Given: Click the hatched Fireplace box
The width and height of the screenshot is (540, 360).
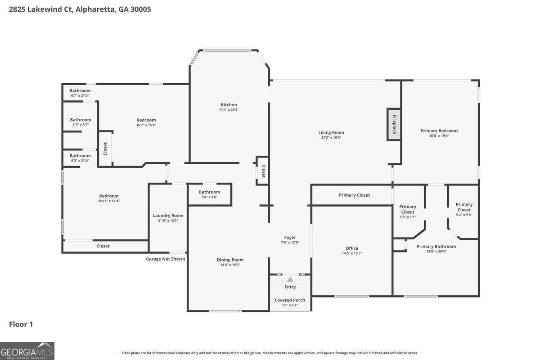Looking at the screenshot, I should point(394,124).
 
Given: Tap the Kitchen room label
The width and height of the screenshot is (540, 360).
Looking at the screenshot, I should point(229,105).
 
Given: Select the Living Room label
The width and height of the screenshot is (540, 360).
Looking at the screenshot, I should point(331,133).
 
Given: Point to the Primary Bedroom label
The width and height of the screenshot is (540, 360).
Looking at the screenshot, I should point(439,131).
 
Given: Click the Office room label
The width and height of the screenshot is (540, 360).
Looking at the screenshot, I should point(352,248).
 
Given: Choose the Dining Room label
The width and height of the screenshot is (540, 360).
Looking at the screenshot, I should point(230,260).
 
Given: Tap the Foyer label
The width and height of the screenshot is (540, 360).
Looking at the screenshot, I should point(290,238).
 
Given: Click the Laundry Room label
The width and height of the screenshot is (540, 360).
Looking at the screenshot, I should point(168,216).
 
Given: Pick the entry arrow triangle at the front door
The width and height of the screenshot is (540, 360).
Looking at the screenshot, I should point(290,279).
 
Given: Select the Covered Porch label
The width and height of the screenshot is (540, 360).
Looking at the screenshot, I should point(290,300).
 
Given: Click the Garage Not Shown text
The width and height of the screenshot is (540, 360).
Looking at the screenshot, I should point(166,259).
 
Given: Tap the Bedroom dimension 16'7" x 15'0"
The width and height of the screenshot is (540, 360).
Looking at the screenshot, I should point(146,125).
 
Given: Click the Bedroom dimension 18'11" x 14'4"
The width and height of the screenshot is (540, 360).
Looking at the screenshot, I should point(109,201).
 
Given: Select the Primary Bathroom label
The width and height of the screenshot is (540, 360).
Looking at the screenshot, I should point(436,246).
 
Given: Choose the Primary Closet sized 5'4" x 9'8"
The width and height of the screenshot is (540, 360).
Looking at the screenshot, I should point(464,209).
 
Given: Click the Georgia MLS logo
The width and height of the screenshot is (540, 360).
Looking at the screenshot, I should point(27,351).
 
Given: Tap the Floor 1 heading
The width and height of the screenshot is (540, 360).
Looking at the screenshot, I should point(21,324).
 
